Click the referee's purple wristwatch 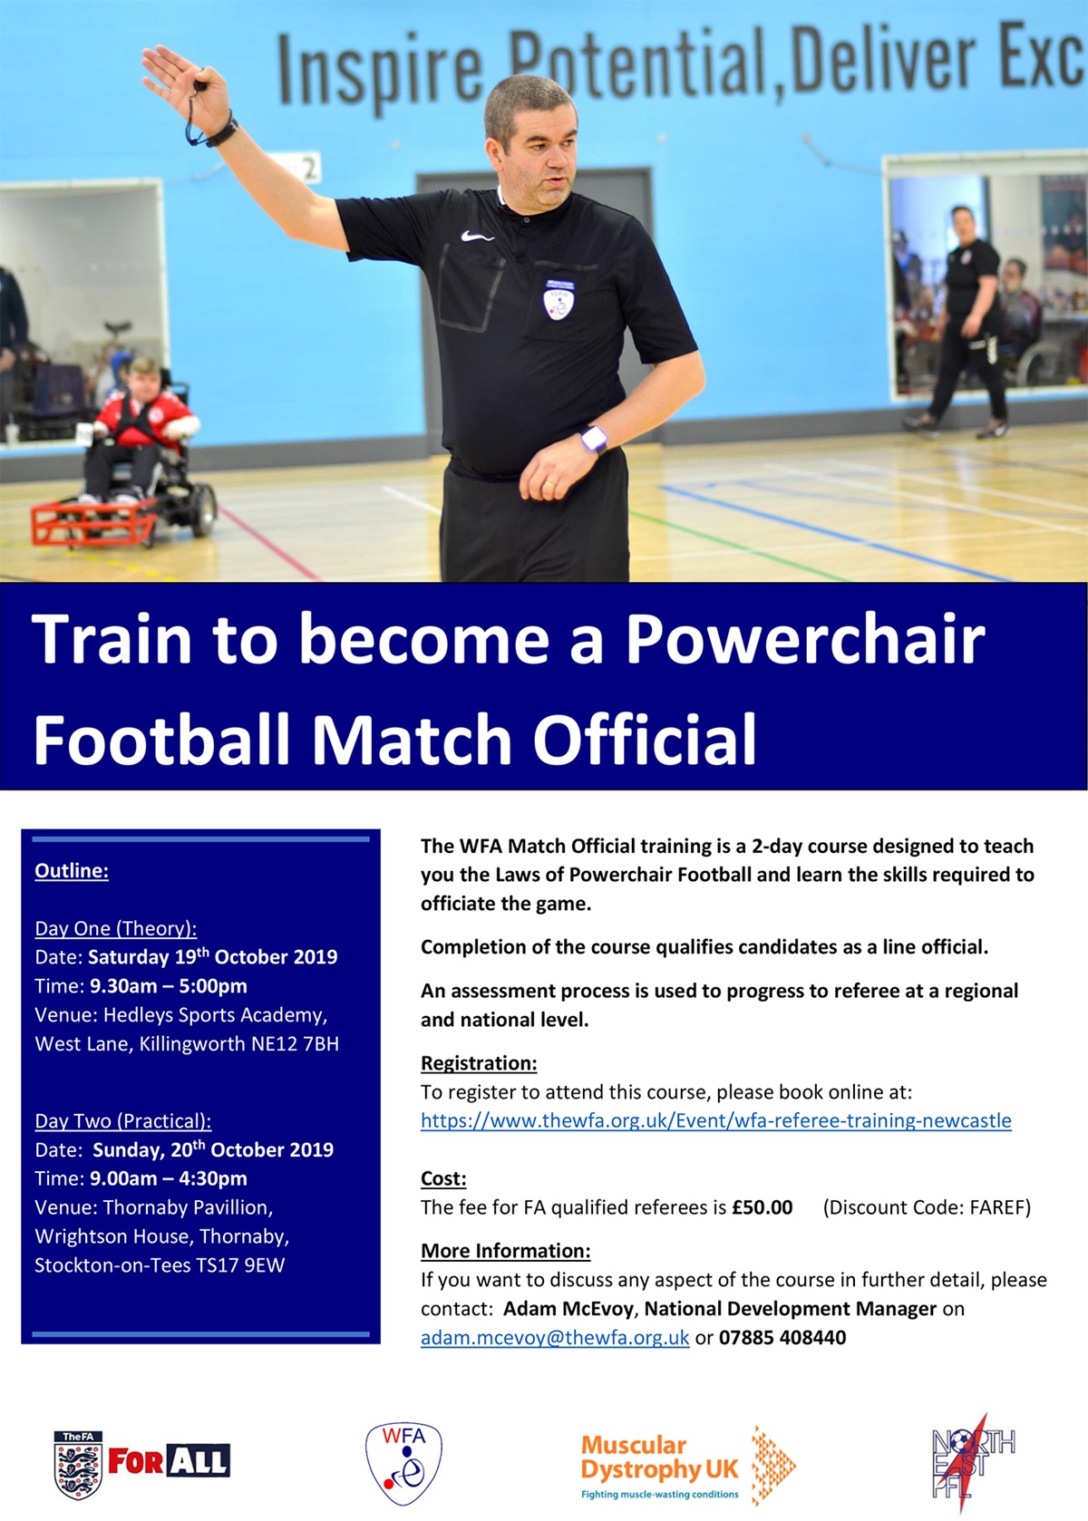tap(593, 439)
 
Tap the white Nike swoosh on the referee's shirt tap(477, 237)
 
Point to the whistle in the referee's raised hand tap(199, 88)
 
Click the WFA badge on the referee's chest tap(559, 299)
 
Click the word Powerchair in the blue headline tap(805, 639)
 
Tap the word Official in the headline tap(645, 738)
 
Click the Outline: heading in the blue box tap(72, 870)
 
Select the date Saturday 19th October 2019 tap(212, 956)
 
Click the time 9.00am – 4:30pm tap(169, 1178)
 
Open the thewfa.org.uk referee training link tap(716, 1120)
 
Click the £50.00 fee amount tap(762, 1207)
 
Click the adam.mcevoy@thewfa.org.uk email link tap(555, 1338)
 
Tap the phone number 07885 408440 tap(782, 1338)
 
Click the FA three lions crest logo tap(78, 1466)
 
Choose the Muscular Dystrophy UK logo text tap(659, 1458)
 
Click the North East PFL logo tap(973, 1464)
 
